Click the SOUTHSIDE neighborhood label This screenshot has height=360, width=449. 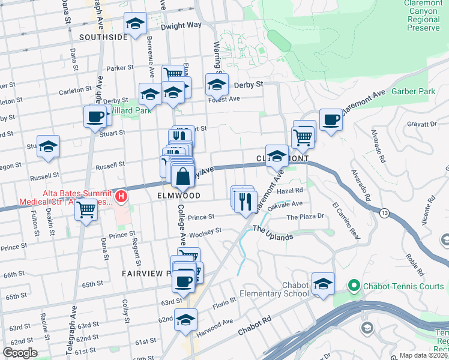[x=103, y=37]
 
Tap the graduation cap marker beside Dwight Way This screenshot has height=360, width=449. [x=135, y=25]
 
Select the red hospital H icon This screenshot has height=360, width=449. [x=121, y=196]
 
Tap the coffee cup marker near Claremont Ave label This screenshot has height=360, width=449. [x=331, y=120]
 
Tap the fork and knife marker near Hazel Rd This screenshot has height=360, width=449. [x=246, y=201]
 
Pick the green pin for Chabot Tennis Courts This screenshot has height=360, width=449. [x=354, y=286]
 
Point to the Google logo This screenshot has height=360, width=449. [x=20, y=353]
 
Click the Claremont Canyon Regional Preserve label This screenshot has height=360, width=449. [x=423, y=16]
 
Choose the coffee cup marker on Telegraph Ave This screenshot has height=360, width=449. [x=95, y=117]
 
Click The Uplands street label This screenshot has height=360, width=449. [x=273, y=233]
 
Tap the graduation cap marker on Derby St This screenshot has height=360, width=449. [x=217, y=85]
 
